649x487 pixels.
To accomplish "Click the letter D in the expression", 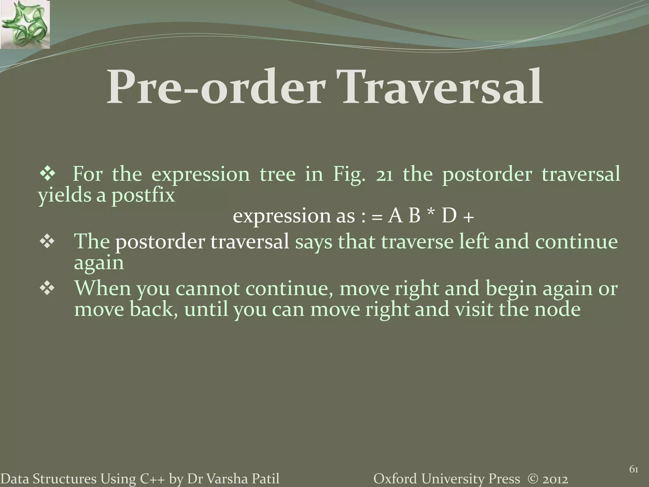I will click(449, 216).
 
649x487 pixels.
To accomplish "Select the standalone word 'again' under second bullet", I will click(99, 263).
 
